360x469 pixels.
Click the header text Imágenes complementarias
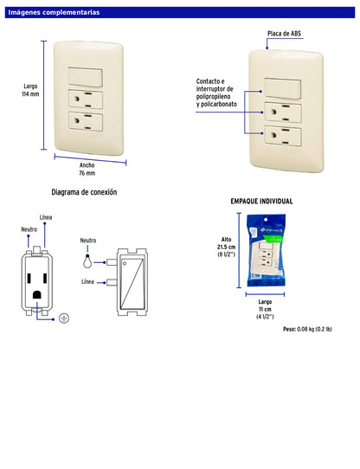54,13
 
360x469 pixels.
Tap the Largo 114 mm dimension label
30,90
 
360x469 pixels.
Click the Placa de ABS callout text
283,34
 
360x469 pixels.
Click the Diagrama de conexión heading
84,191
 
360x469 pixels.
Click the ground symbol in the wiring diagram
63,318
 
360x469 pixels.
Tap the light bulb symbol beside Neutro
87,257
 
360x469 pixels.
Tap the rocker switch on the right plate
284,87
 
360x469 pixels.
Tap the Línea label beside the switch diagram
87,282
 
